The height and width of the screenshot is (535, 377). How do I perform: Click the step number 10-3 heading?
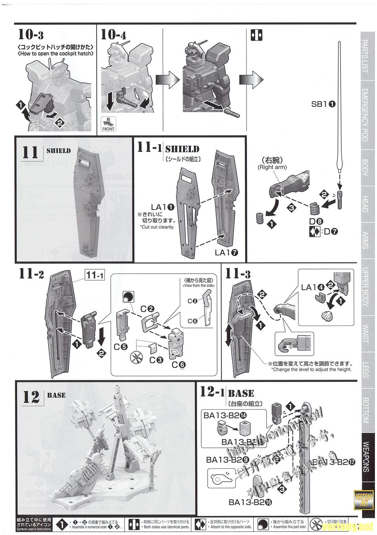[31, 35]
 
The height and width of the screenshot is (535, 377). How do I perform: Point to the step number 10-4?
[113, 35]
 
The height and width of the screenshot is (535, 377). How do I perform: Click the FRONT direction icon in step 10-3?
[108, 124]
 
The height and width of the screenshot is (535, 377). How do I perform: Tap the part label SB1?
[323, 104]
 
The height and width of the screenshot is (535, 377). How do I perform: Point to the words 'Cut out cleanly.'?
[157, 227]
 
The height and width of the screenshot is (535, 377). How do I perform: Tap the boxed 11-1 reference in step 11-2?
[94, 276]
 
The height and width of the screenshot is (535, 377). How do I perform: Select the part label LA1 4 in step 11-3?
[313, 288]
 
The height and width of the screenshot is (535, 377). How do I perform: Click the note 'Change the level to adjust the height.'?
[311, 369]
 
